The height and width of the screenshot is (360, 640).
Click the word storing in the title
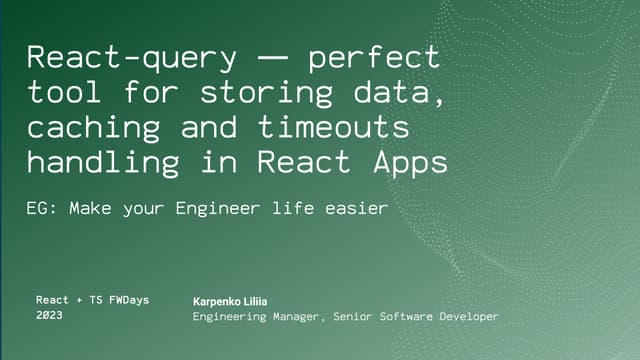(254, 93)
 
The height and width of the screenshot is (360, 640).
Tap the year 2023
(49, 315)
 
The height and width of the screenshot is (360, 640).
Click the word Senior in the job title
(355, 317)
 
